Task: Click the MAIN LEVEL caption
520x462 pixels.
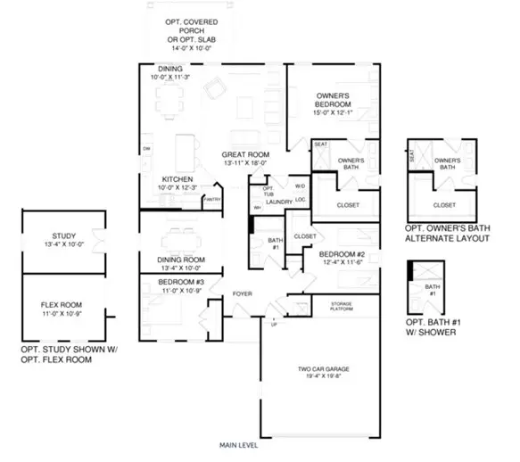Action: [x=240, y=443]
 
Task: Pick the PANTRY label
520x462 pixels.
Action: [x=211, y=200]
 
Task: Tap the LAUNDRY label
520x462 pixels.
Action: [x=279, y=202]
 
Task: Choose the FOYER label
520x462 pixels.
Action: [x=243, y=293]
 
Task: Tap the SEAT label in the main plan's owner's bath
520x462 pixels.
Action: [x=320, y=144]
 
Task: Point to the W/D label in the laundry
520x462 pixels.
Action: [x=301, y=186]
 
